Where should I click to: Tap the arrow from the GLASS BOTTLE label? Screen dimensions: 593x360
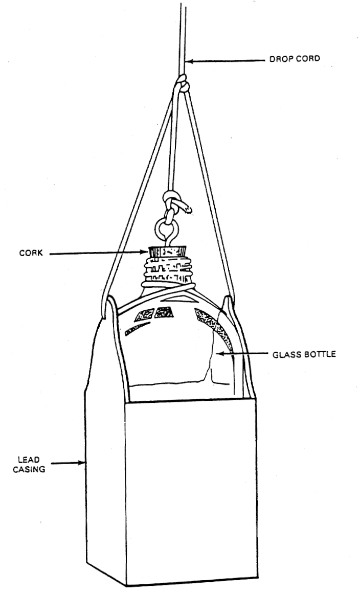tap(240, 353)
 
